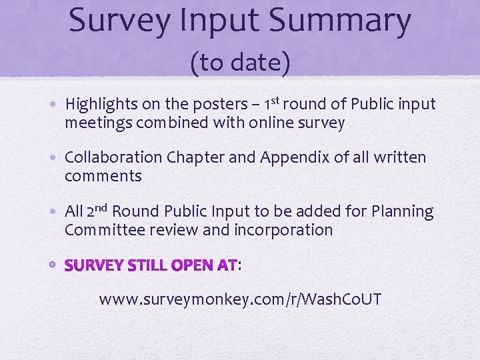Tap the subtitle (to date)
click(x=240, y=63)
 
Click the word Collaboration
click(x=113, y=158)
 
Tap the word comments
click(x=103, y=177)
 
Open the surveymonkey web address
click(x=240, y=299)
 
